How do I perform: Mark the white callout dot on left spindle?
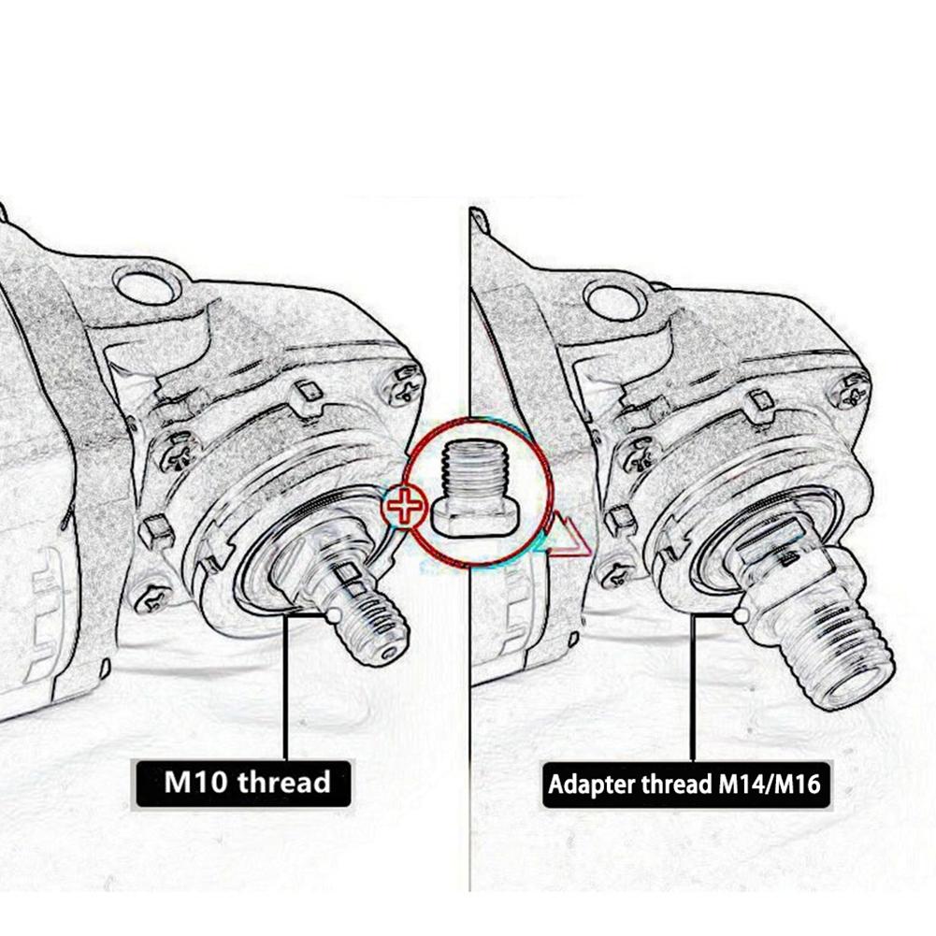[x=334, y=616]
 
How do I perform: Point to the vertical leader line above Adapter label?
[x=692, y=692]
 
